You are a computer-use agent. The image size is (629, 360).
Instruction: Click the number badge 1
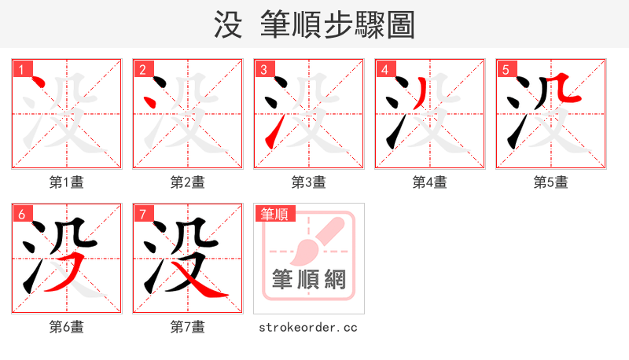[21, 69]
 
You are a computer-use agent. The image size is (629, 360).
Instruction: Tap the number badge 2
[142, 69]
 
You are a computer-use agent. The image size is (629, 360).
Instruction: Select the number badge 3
[263, 69]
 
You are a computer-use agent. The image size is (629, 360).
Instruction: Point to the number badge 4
[384, 69]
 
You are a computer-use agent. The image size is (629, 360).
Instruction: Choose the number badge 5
[506, 69]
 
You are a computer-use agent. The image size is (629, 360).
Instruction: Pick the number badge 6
[21, 214]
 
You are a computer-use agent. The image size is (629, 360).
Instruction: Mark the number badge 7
[142, 214]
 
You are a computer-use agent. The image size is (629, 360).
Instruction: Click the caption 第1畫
[67, 182]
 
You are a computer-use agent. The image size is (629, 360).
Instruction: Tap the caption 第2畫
[188, 182]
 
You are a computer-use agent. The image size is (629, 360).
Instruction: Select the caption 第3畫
[309, 182]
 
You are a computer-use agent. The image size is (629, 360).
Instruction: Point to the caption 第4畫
[430, 182]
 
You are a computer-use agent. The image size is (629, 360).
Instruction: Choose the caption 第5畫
[551, 182]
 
